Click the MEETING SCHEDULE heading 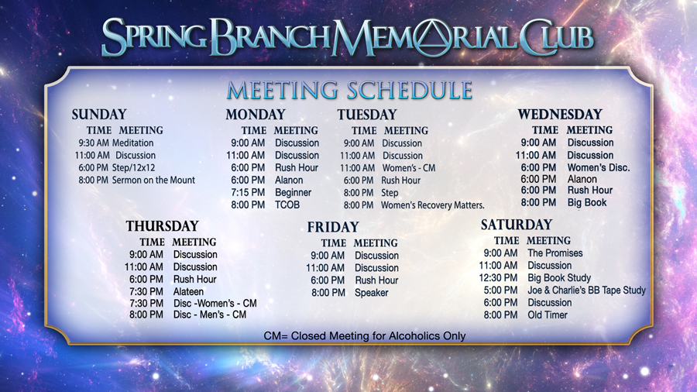click(x=349, y=90)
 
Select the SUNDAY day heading click(x=99, y=115)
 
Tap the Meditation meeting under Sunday click(x=133, y=143)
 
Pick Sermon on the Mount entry click(x=153, y=180)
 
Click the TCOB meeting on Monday click(x=287, y=205)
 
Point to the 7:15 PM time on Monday click(x=248, y=192)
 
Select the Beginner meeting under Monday click(x=293, y=193)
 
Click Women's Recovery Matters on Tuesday click(x=432, y=205)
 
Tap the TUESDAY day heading click(x=367, y=115)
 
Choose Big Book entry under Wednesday click(x=587, y=203)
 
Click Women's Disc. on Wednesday click(x=599, y=167)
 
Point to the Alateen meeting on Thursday click(x=188, y=291)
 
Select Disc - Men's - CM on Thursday click(x=210, y=315)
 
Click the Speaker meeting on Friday click(x=371, y=293)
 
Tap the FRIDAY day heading click(x=333, y=227)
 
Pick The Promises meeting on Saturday click(x=555, y=253)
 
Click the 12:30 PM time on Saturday click(x=498, y=278)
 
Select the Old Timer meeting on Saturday click(x=548, y=315)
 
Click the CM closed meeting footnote click(x=365, y=336)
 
